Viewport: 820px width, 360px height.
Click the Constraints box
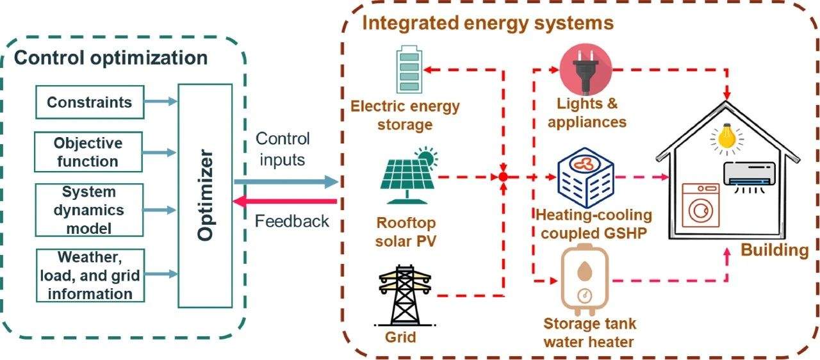click(x=89, y=102)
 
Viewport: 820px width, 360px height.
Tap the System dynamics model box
click(x=89, y=209)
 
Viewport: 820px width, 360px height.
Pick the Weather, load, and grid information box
click(x=90, y=275)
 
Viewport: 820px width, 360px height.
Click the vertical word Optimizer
click(x=205, y=196)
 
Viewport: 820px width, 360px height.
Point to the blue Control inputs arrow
click(x=286, y=183)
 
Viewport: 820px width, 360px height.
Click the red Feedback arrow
click(x=286, y=202)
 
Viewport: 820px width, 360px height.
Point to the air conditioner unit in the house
click(x=750, y=174)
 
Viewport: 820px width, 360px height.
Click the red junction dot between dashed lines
click(x=504, y=176)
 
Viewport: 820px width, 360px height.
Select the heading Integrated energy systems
click(x=488, y=24)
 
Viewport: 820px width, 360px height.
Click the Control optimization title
click(x=110, y=58)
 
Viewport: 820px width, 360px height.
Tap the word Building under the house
click(x=775, y=250)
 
